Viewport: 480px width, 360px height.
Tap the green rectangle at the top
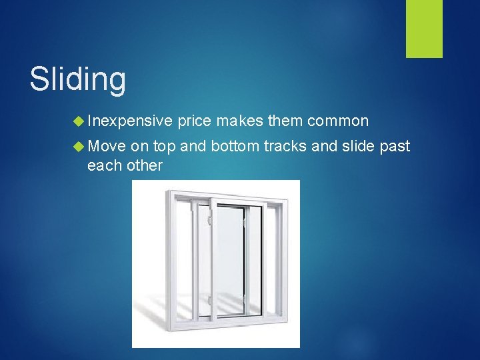click(425, 28)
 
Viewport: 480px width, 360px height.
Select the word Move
click(107, 147)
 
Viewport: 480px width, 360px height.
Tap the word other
click(144, 165)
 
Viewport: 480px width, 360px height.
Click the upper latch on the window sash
click(211, 219)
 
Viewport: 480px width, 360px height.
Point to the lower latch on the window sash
click(211, 301)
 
